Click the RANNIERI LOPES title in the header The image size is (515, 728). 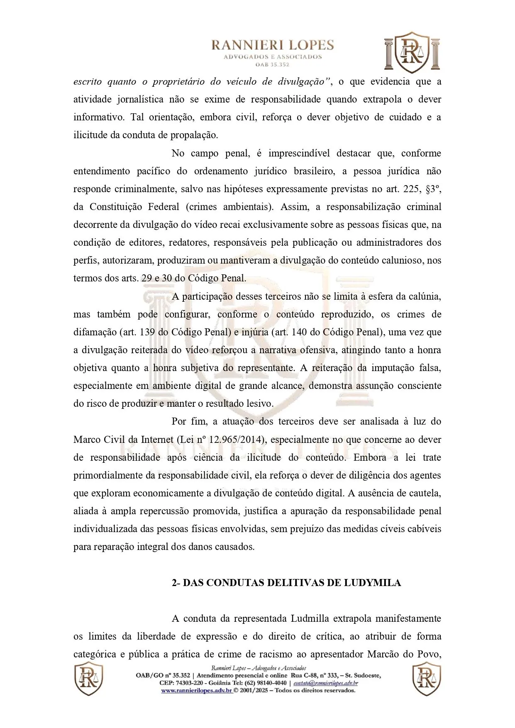click(273, 45)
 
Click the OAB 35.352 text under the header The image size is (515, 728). click(273, 64)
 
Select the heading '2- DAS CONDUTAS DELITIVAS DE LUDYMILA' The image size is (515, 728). click(286, 583)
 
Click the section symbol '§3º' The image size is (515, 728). click(433, 189)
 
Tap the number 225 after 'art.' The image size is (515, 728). click(412, 189)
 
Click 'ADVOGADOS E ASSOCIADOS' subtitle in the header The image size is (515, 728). click(273, 57)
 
